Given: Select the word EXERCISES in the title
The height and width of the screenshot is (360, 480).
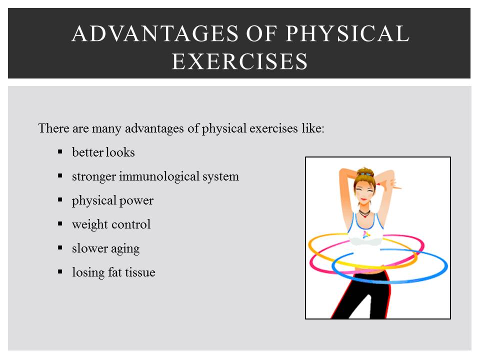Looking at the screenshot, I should coord(239,61).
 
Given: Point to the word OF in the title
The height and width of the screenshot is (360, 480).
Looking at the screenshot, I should coord(263,34).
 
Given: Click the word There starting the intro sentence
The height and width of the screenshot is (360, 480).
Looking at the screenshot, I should coord(54,128).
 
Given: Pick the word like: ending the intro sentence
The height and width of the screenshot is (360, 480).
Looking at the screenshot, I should coord(312,128).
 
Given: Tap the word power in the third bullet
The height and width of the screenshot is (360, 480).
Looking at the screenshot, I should coord(136,200).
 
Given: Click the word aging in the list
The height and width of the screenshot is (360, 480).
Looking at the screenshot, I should coord(125,248).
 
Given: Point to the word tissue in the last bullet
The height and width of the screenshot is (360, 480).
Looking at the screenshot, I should coord(139,272).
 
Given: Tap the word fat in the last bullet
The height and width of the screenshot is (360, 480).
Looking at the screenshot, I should coord(113,272).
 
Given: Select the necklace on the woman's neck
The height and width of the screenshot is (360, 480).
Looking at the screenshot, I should coord(364,213).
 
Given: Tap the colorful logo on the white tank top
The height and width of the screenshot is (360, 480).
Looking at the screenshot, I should coord(366,233).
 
